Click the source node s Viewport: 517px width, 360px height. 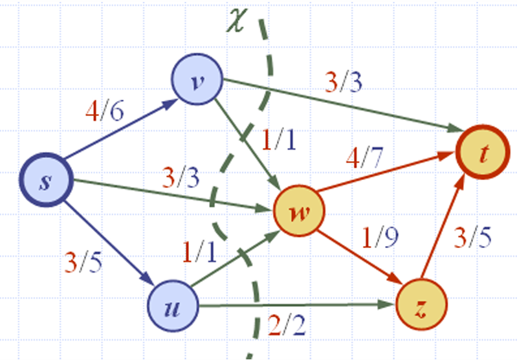45,182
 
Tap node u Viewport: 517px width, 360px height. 173,306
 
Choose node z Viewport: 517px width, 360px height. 421,306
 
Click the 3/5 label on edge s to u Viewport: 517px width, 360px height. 84,262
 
